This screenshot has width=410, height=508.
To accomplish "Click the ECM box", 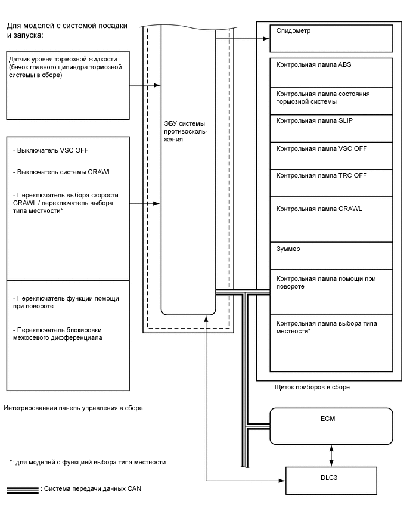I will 331,426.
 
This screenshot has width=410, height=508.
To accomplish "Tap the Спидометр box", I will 331,39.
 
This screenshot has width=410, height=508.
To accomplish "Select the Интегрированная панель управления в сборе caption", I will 73,408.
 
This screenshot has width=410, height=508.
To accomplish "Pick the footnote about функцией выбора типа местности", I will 88,462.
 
